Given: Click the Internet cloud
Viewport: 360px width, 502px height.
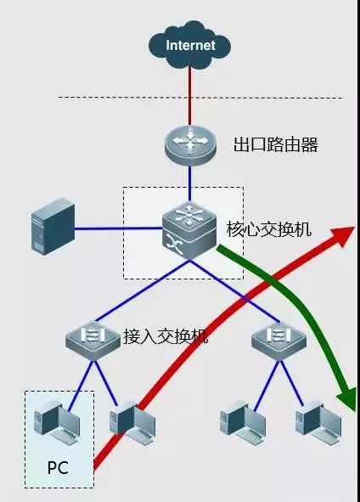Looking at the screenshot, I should [190, 45].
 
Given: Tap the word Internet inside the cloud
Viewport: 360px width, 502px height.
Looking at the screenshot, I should [190, 45].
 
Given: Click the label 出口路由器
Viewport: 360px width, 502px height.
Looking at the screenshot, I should [276, 145].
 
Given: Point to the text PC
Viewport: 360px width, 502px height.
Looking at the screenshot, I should [57, 468].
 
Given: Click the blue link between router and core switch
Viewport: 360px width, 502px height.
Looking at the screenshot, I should [190, 183].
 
